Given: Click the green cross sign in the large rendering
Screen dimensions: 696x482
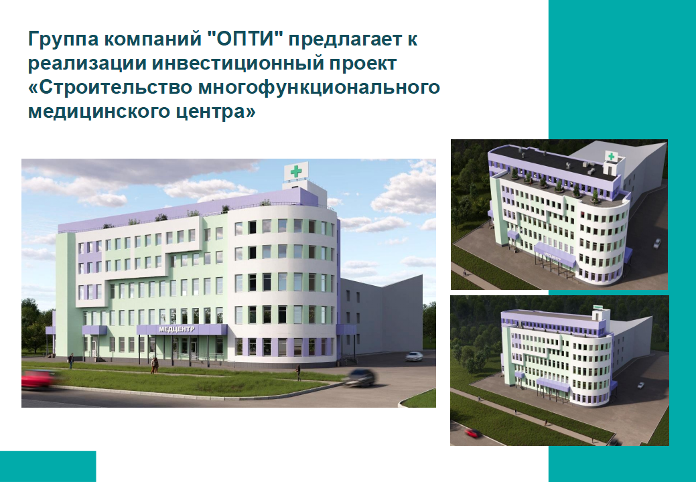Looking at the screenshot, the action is pos(295,171).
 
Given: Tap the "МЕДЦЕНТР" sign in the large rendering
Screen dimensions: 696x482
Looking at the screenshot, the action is pos(177,329).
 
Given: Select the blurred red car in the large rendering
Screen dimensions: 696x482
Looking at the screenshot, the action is pos(39,379).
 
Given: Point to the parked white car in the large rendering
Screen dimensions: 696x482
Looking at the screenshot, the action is pos(414,356).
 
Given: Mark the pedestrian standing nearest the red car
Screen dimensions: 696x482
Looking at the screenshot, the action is pos(70,361).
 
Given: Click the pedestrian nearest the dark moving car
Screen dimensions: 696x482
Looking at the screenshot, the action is pos(298,372).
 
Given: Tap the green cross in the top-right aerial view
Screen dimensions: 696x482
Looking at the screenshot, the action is pos(611,157).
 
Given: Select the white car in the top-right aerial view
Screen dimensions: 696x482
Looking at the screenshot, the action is pos(657,243).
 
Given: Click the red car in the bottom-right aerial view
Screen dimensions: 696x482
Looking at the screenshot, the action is pos(472,432).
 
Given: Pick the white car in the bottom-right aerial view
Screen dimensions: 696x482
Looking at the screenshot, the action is pos(640,386).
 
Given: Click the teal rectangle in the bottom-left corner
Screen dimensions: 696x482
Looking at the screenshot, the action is pos(48,467).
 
